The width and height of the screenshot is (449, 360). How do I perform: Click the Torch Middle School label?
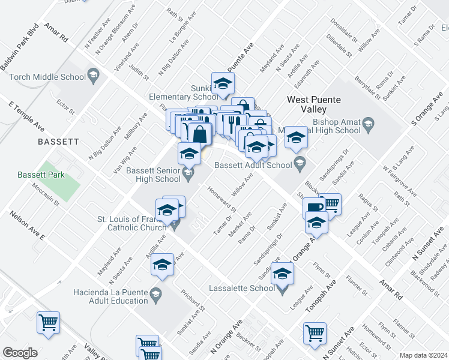[x=47, y=77]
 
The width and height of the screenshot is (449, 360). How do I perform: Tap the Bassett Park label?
[x=41, y=175]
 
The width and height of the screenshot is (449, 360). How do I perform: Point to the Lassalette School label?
[x=242, y=288]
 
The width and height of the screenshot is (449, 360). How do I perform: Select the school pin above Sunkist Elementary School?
[x=223, y=83]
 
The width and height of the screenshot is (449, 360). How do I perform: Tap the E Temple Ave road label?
[x=26, y=116]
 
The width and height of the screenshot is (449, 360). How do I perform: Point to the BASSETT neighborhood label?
[x=58, y=142]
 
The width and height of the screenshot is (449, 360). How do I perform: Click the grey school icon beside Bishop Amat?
[x=369, y=124]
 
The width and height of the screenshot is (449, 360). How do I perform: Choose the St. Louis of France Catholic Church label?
[x=132, y=223]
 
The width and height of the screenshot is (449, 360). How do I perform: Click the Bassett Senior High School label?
[x=152, y=175]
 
